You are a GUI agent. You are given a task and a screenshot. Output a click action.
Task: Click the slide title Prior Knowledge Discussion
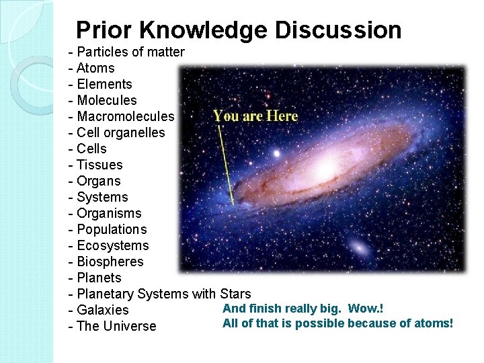(x=239, y=30)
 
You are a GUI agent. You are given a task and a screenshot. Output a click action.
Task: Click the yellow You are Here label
(x=255, y=116)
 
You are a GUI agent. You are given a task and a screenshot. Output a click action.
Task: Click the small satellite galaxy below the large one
(x=360, y=247)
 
